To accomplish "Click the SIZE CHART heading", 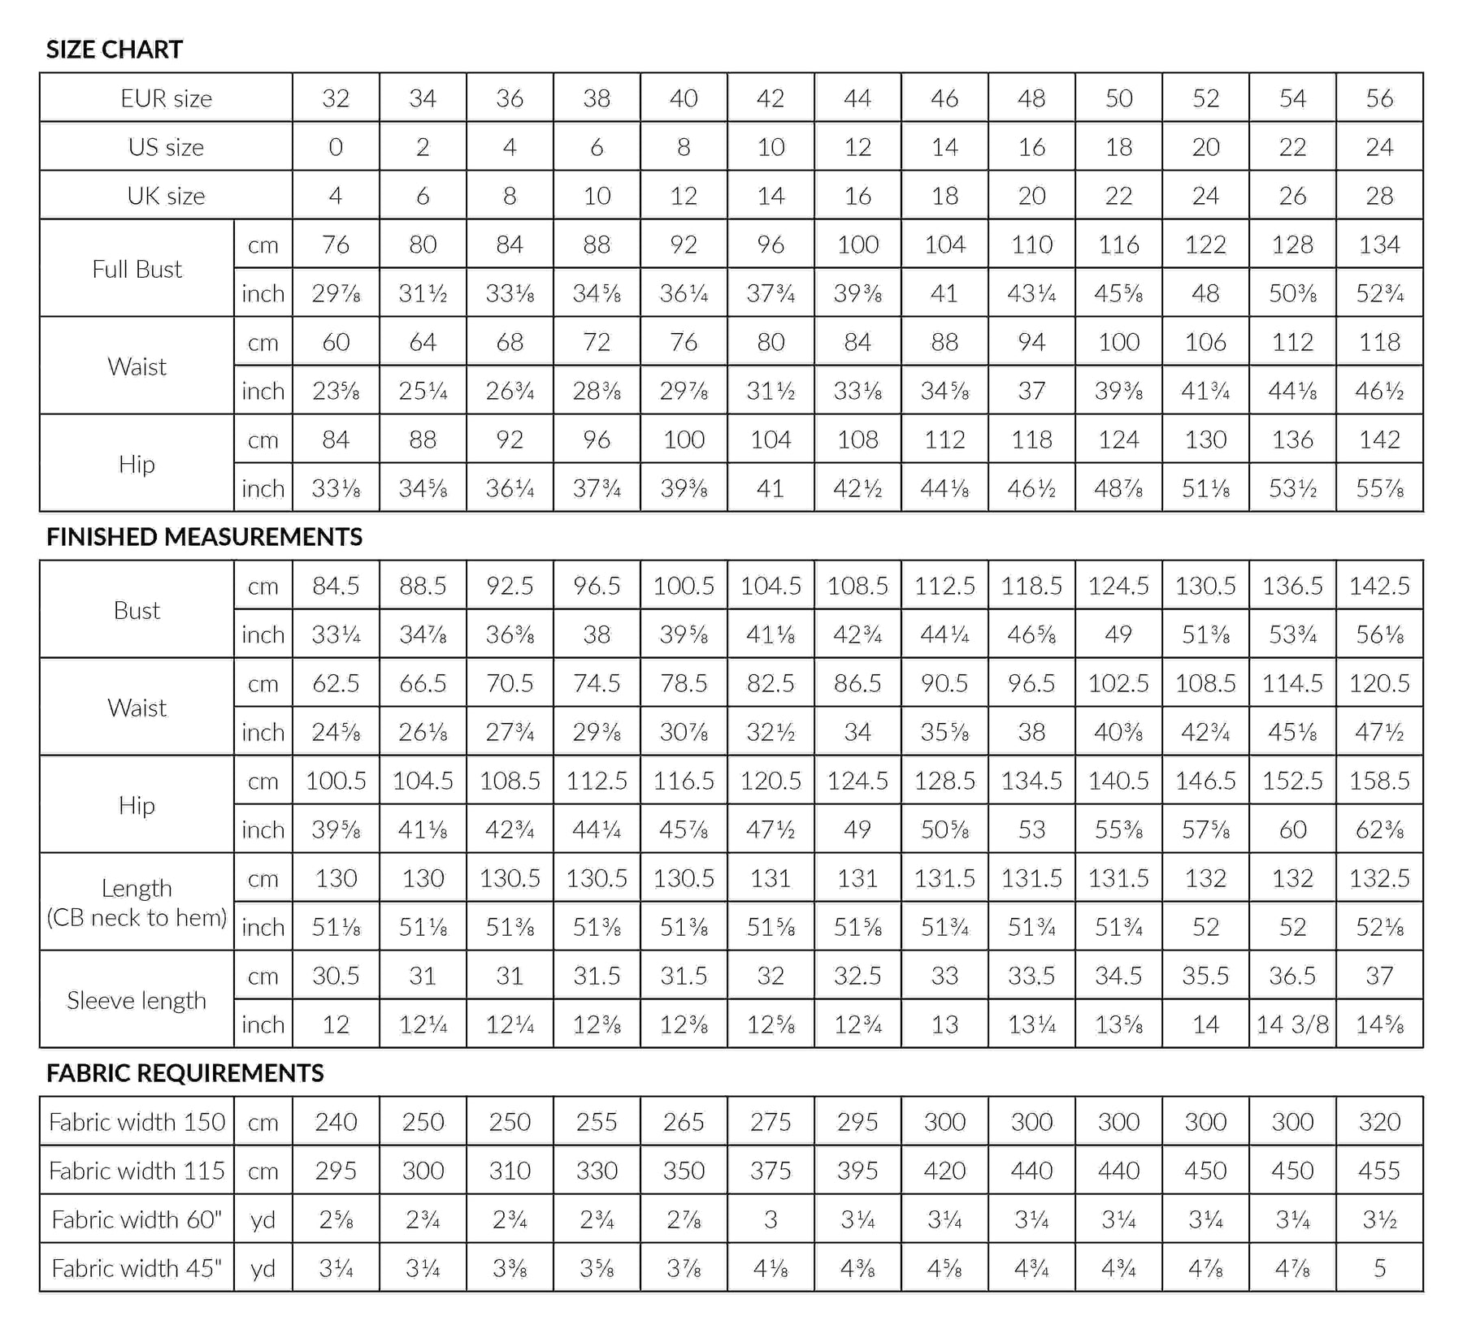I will click(x=115, y=50).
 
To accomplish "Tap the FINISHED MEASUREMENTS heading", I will click(x=204, y=537).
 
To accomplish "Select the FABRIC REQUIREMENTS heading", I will click(x=185, y=1073).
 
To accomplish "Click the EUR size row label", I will click(x=166, y=98).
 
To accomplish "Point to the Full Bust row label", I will click(x=137, y=269).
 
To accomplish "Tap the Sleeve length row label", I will click(x=137, y=1000).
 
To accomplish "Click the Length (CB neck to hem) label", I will click(x=137, y=903).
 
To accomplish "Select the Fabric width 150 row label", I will click(x=137, y=1122).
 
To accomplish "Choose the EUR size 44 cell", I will click(x=857, y=98).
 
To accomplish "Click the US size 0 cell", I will click(x=336, y=147).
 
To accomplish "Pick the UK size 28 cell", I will click(x=1379, y=196).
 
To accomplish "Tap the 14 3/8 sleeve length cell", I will click(x=1292, y=1024).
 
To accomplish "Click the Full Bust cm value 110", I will click(x=1031, y=245).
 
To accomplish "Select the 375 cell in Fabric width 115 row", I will click(x=771, y=1171).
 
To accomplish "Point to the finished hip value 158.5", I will click(x=1379, y=781).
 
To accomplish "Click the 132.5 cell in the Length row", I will click(x=1379, y=878).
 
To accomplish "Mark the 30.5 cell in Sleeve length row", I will click(x=336, y=976).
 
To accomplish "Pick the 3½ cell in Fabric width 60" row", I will click(x=1379, y=1219).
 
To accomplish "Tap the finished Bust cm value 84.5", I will click(x=336, y=586).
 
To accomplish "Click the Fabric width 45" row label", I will click(x=137, y=1268).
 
